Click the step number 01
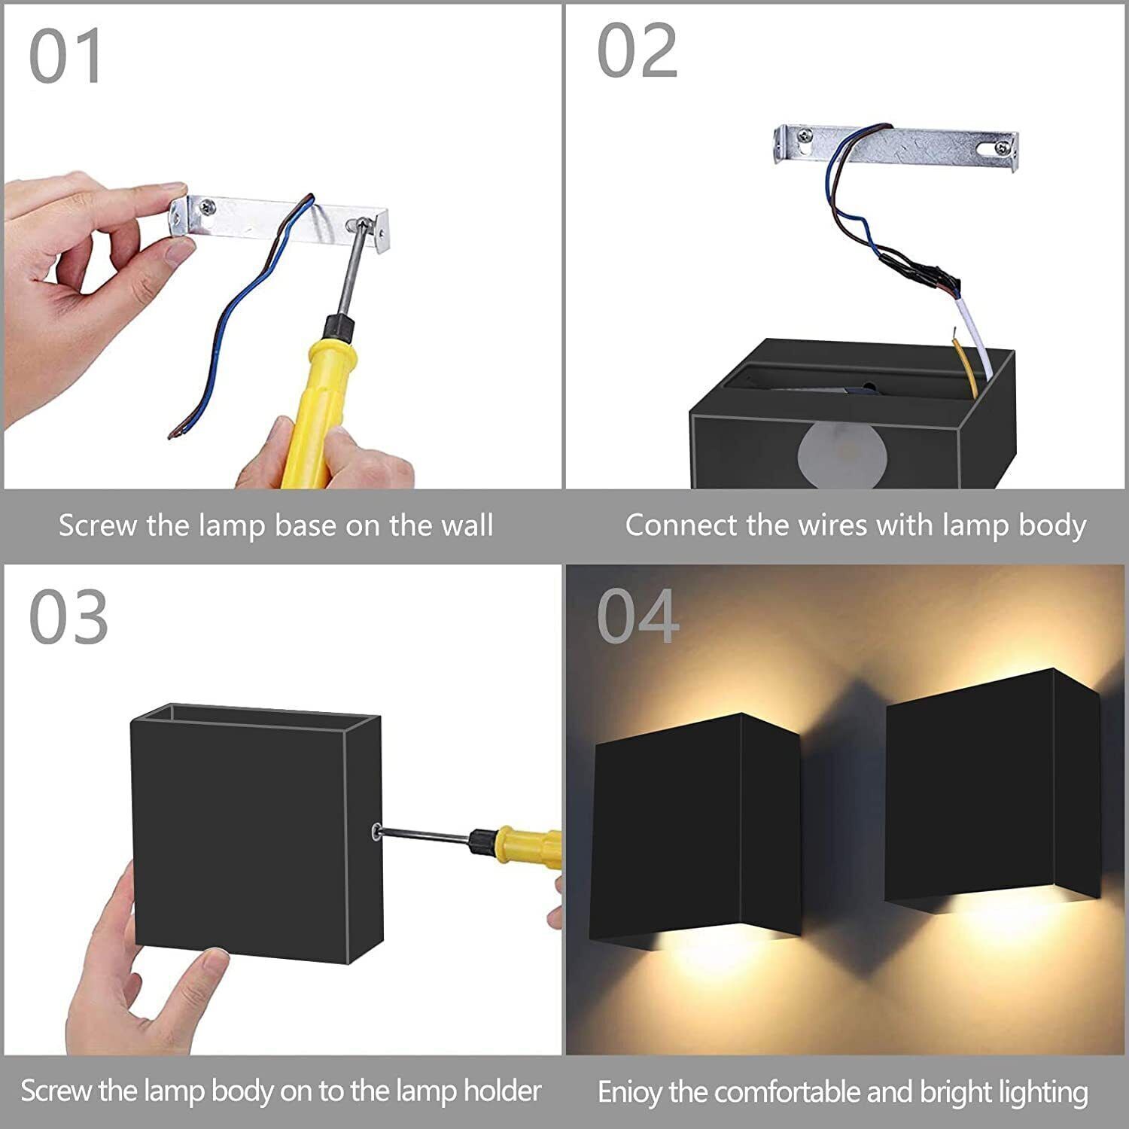pyautogui.click(x=65, y=58)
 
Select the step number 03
pyautogui.click(x=68, y=617)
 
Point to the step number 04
pyautogui.click(x=638, y=617)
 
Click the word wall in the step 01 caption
pyautogui.click(x=467, y=525)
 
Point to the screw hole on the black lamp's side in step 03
pyautogui.click(x=375, y=831)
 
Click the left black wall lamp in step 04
pyautogui.click(x=697, y=827)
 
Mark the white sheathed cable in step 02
pyautogui.click(x=975, y=339)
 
